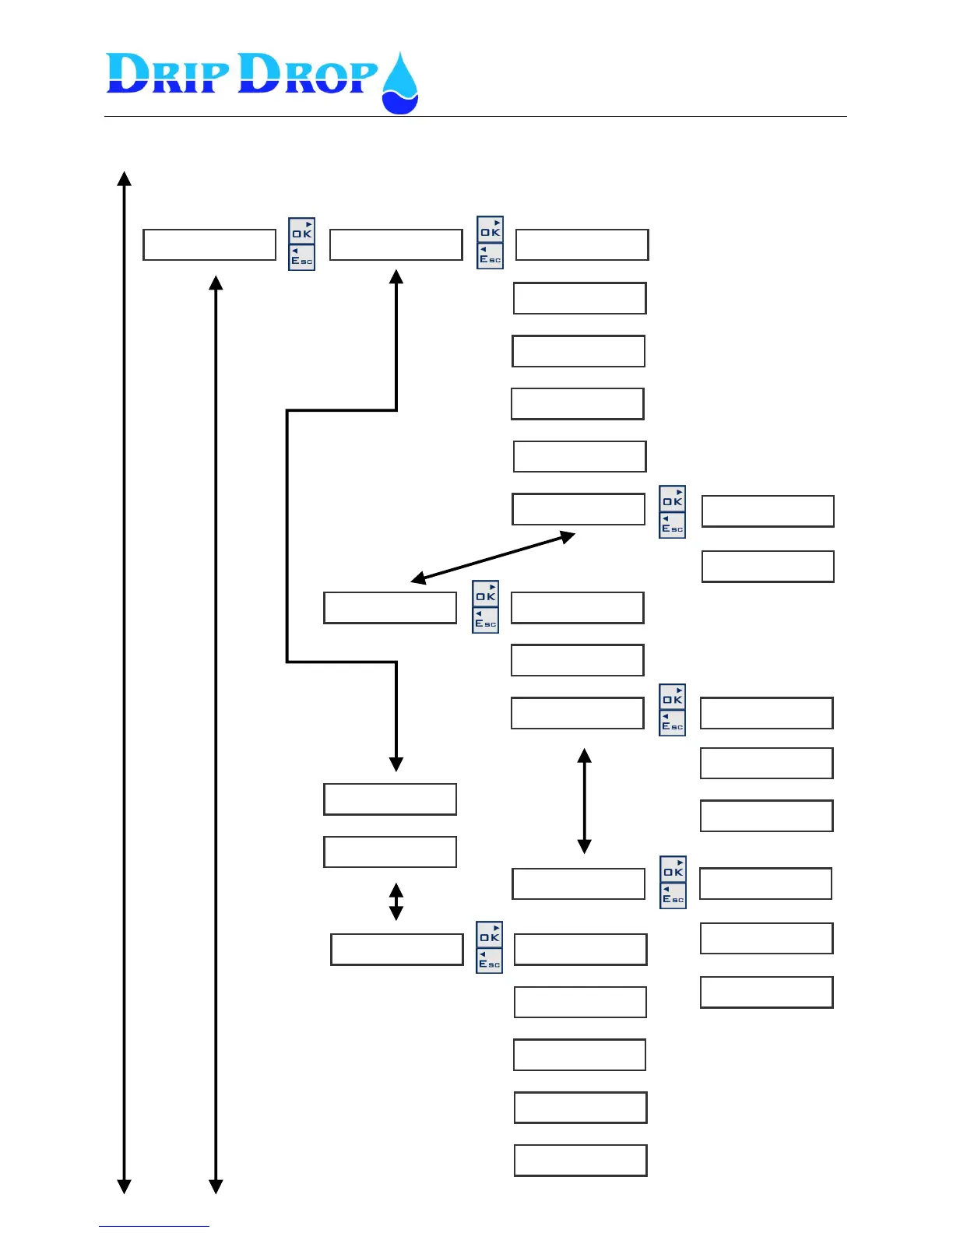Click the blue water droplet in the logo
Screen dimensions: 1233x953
pyautogui.click(x=399, y=86)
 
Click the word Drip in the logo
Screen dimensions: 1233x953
pyautogui.click(x=167, y=75)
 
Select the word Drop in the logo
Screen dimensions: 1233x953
pyautogui.click(x=308, y=75)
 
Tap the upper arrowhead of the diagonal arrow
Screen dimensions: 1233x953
pyautogui.click(x=568, y=536)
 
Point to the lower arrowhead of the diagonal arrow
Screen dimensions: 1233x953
pyautogui.click(x=418, y=579)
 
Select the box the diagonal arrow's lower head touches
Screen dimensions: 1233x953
pyautogui.click(x=390, y=608)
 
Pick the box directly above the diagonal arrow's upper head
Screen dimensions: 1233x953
pyautogui.click(x=578, y=509)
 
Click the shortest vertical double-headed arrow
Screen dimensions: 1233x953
pyautogui.click(x=396, y=901)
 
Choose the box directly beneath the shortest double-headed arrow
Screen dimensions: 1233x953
pyautogui.click(x=397, y=950)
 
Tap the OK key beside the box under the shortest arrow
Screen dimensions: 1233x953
pyautogui.click(x=490, y=935)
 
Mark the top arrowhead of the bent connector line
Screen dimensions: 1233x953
pyautogui.click(x=396, y=276)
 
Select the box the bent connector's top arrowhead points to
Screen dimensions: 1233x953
pyautogui.click(x=396, y=244)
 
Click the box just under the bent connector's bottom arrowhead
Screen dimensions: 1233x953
pyautogui.click(x=390, y=799)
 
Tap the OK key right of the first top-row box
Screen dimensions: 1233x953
pyautogui.click(x=302, y=231)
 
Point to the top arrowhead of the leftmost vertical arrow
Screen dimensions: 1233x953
pyautogui.click(x=124, y=178)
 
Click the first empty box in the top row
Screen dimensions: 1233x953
pyautogui.click(x=209, y=244)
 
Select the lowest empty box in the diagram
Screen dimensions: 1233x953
pyautogui.click(x=581, y=1161)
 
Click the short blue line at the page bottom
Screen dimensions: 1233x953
pyautogui.click(x=154, y=1226)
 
